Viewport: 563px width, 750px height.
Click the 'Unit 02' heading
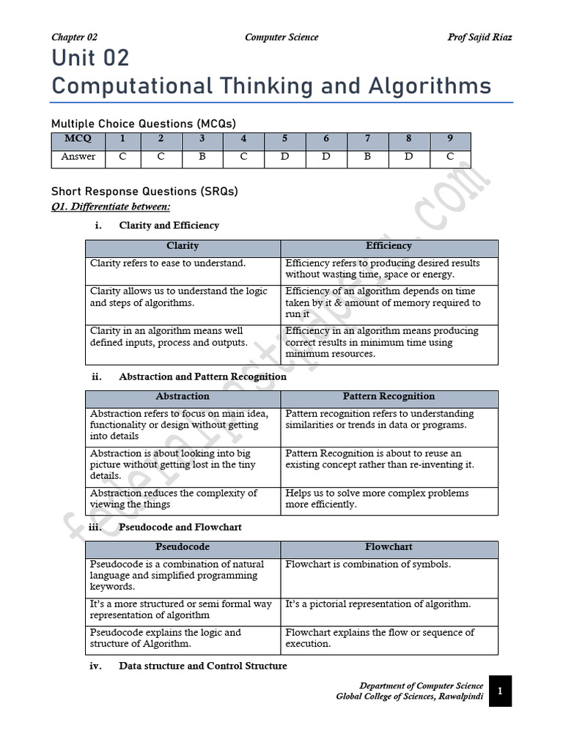(90, 59)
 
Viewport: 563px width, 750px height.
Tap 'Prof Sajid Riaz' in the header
(479, 37)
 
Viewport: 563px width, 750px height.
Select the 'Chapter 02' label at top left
(74, 37)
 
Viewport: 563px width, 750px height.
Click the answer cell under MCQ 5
(284, 157)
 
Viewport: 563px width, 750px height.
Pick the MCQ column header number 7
(367, 138)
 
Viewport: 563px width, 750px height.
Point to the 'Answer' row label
(78, 157)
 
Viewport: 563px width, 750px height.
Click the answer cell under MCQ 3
(202, 157)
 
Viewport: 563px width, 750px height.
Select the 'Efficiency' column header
(389, 246)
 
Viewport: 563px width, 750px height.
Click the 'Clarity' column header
(183, 246)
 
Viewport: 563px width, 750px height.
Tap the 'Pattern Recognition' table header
(389, 396)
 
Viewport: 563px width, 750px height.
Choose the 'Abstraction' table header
(183, 396)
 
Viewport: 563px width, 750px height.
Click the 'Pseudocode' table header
(183, 547)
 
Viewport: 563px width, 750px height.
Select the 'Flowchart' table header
(389, 547)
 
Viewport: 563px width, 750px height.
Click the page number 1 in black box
(500, 691)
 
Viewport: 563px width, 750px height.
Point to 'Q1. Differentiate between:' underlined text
(110, 207)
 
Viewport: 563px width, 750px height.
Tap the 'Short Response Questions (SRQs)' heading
(144, 192)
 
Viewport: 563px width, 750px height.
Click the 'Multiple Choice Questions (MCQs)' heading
(144, 124)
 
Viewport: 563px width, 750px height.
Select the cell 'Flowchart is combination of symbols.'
(368, 565)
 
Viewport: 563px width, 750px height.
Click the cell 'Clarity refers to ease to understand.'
(168, 263)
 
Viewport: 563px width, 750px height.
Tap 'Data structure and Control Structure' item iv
(202, 666)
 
